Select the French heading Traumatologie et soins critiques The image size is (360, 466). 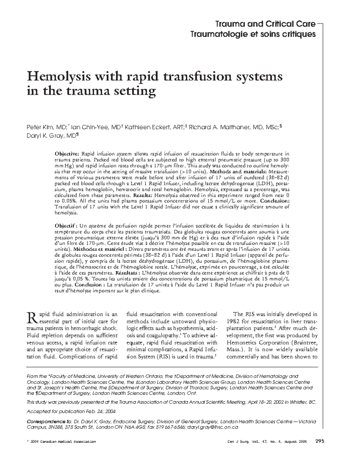click(x=253, y=34)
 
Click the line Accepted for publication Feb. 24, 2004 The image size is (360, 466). click(x=71, y=411)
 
